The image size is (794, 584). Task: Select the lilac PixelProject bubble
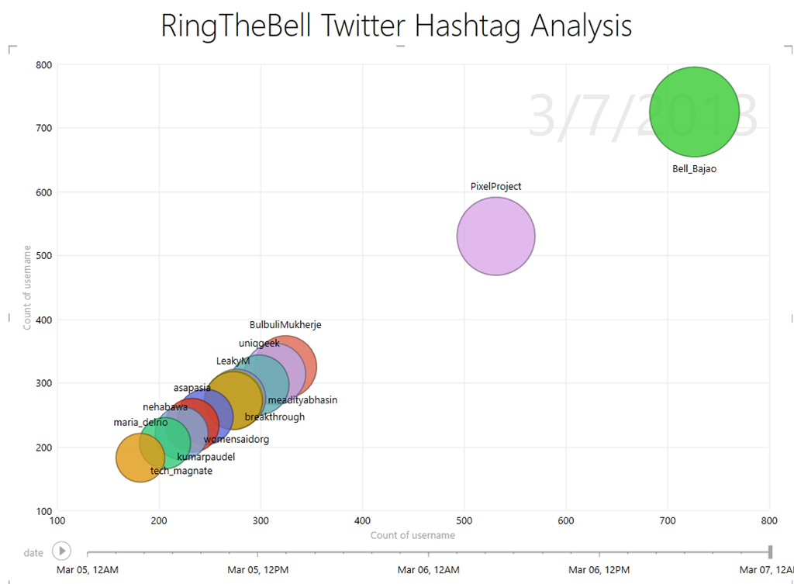point(495,236)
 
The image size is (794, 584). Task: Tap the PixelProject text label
point(495,186)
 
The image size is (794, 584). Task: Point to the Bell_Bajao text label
point(695,168)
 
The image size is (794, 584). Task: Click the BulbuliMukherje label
point(285,325)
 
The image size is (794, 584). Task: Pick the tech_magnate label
point(181,471)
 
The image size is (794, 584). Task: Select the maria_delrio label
point(140,423)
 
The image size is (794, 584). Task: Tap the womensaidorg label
point(236,440)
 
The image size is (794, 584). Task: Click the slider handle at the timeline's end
point(770,551)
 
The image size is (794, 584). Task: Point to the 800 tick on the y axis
point(43,64)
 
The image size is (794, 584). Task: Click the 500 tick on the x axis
point(464,521)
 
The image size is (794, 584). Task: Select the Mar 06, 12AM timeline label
point(429,569)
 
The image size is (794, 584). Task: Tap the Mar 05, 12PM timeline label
point(258,569)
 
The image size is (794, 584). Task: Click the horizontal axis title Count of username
point(413,535)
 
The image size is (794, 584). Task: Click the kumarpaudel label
point(205,457)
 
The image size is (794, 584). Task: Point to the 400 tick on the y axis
point(43,320)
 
